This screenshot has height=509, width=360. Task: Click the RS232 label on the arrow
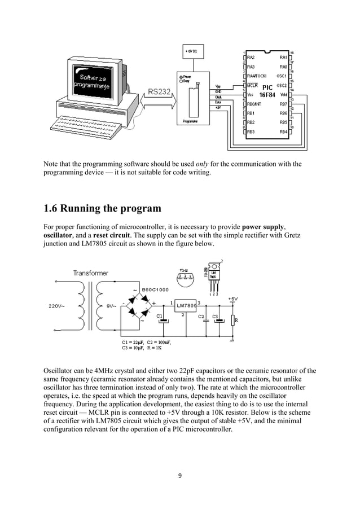tap(160, 91)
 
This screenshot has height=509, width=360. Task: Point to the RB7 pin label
tap(283, 104)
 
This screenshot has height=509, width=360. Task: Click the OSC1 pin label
tap(282, 76)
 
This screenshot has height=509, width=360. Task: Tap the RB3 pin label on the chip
tap(252, 131)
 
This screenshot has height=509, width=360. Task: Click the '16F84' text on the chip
tap(267, 95)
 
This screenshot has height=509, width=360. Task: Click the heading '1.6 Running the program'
tap(102, 208)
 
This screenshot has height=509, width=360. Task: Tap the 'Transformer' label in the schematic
tap(90, 273)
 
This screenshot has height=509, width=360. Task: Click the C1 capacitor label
tap(159, 316)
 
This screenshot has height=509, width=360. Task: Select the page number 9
tap(180, 475)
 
